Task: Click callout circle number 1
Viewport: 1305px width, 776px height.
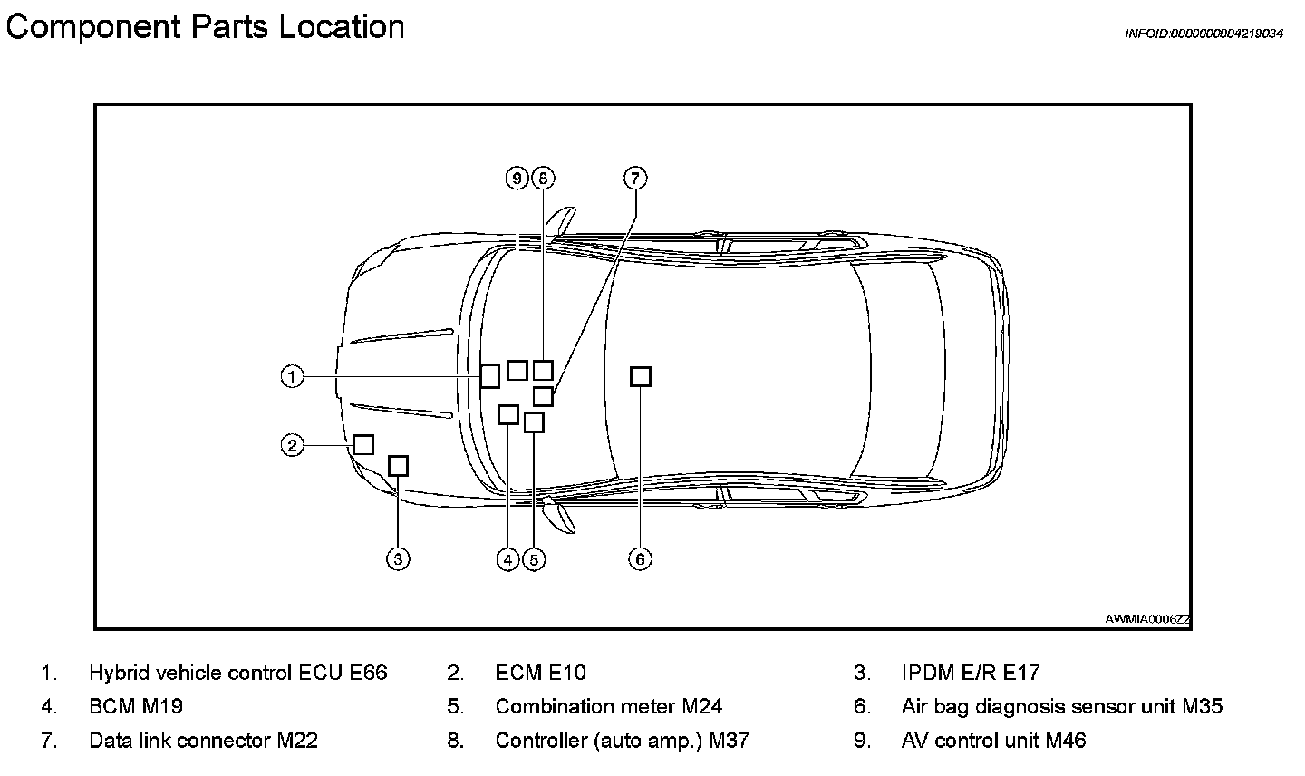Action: [291, 376]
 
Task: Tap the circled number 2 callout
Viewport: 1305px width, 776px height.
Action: [291, 445]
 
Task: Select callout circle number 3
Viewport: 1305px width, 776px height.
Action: [398, 558]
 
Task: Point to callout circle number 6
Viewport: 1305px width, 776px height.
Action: [640, 558]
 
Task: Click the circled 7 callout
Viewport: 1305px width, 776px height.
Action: [634, 178]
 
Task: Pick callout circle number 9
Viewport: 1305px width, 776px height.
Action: [517, 178]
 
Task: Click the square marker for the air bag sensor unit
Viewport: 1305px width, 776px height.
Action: [640, 376]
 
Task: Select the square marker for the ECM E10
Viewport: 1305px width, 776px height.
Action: [362, 444]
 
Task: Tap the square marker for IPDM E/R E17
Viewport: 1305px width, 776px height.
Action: [398, 466]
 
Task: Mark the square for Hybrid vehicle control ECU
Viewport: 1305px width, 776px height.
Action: [489, 376]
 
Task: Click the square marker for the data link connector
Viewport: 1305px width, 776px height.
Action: [543, 396]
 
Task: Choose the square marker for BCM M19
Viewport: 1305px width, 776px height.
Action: [508, 414]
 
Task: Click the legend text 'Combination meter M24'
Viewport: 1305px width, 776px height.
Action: [608, 706]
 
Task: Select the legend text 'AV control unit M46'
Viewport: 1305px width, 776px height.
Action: [993, 741]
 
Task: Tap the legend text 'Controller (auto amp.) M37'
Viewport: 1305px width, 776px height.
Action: [622, 741]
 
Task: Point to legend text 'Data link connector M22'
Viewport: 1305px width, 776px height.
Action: [203, 741]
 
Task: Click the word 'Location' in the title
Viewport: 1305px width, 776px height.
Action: [341, 26]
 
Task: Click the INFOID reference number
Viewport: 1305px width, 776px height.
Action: [1203, 34]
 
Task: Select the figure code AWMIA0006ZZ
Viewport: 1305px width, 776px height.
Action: [1147, 619]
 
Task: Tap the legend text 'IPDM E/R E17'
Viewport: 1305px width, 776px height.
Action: [970, 673]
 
